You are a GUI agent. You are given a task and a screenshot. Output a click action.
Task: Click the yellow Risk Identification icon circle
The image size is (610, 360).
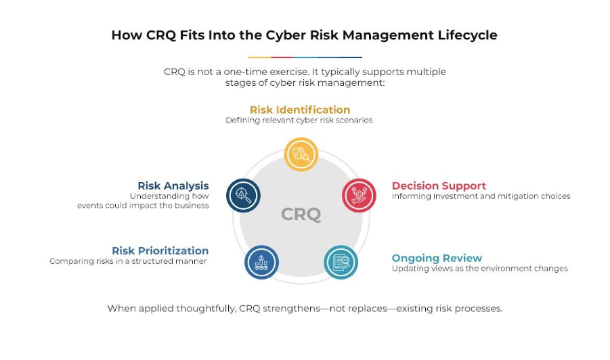click(x=301, y=154)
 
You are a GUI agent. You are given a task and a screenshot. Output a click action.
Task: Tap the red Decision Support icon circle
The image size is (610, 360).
click(x=359, y=196)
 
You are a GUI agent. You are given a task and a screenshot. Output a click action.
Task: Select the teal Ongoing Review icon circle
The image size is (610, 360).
click(x=341, y=262)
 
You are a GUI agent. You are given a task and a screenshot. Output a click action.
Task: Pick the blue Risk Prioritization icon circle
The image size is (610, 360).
click(x=261, y=262)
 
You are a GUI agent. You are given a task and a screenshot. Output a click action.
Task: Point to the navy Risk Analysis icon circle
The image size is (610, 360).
click(x=243, y=196)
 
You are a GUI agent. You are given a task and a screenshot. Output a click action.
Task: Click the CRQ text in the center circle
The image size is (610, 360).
click(x=301, y=215)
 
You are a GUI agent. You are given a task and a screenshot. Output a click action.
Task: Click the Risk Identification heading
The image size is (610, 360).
click(x=300, y=110)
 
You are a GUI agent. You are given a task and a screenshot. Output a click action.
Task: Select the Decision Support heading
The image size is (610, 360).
click(x=439, y=186)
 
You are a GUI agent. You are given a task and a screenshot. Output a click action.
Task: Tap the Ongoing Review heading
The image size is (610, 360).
click(x=437, y=258)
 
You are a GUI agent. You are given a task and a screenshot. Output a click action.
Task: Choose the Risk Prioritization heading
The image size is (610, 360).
click(x=160, y=251)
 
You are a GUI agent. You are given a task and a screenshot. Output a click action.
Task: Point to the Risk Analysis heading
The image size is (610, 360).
click(x=173, y=186)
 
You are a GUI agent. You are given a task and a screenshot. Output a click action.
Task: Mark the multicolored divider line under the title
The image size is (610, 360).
click(x=305, y=58)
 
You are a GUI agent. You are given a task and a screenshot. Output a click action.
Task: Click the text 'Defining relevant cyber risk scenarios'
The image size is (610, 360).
click(x=299, y=120)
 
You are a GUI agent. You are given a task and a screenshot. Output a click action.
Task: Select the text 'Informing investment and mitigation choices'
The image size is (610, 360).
click(x=481, y=196)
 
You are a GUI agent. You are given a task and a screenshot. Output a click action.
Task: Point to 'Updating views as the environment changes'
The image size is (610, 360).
click(x=480, y=269)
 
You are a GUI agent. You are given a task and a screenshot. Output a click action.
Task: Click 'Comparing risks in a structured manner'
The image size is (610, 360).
click(x=128, y=261)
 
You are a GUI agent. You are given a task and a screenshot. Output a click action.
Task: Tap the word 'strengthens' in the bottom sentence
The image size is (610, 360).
click(x=291, y=309)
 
